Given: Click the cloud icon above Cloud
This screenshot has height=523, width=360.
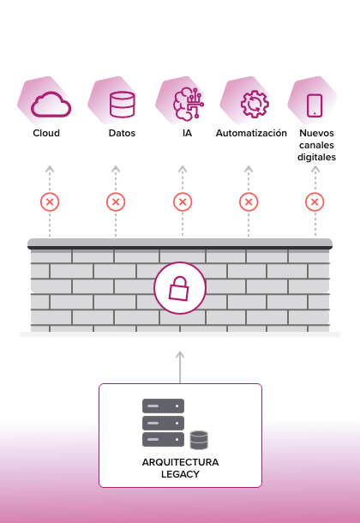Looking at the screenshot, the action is (51, 105).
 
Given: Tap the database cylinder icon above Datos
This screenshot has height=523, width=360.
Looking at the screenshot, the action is (123, 105).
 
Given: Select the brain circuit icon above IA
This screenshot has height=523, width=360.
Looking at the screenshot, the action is (189, 103).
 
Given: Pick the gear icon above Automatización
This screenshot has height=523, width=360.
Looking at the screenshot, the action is (255, 104).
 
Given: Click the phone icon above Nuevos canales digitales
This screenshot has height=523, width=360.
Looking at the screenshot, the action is (315, 105).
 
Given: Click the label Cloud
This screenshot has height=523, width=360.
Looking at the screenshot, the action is (46, 133).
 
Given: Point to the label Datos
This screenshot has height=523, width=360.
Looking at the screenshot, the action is (122, 133).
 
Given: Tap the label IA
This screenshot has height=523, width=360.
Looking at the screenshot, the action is (188, 133).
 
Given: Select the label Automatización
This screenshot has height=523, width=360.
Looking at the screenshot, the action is (251, 133).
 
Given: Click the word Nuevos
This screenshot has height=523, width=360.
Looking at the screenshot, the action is (316, 133).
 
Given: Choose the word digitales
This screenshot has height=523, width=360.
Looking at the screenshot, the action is (316, 157).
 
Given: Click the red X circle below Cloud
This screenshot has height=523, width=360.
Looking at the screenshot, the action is (50, 201).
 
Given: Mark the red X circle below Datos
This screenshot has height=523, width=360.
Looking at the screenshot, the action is (116, 201).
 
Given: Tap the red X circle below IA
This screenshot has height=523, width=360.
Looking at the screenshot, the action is (183, 201).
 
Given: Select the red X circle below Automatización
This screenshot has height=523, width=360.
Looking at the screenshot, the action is (249, 201).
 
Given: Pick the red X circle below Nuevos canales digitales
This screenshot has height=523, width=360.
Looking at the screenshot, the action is (315, 201).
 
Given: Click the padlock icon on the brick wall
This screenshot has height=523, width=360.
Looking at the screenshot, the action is (179, 289).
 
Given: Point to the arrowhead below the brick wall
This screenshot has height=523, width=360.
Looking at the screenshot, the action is (180, 355).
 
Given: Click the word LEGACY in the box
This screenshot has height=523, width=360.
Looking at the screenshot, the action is (180, 474).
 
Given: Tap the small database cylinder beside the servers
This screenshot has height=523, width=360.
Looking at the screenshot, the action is (199, 440).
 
